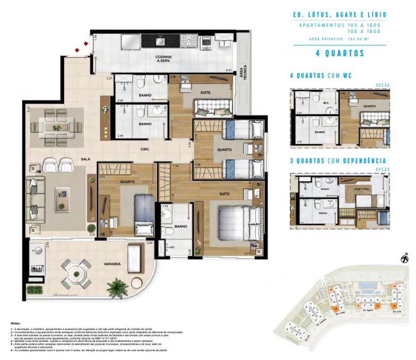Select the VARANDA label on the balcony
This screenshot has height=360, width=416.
click(112, 264)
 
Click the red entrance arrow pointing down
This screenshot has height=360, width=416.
click(76, 50)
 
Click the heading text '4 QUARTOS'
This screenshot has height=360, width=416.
click(340, 53)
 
